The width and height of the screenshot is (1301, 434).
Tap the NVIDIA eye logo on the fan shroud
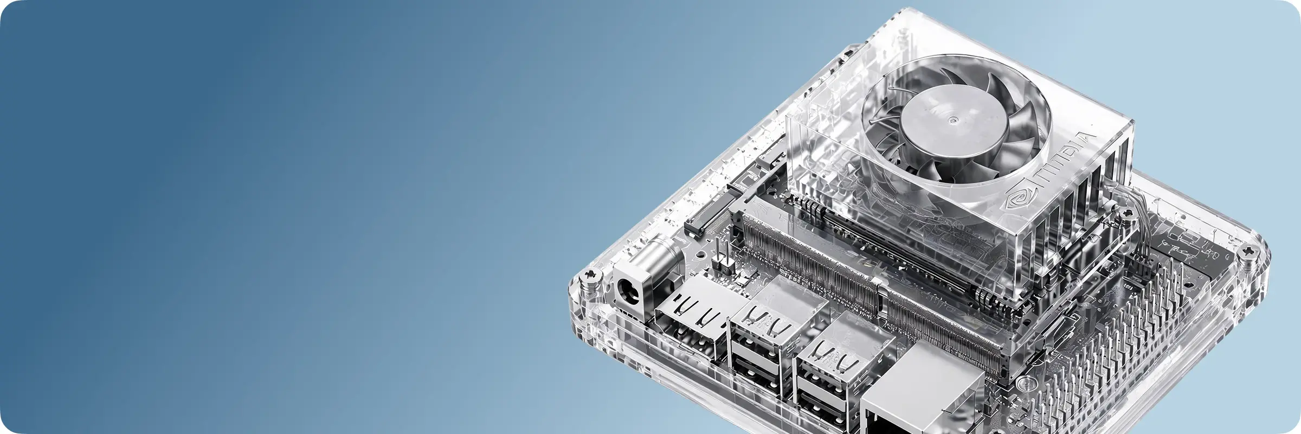pyautogui.click(x=1019, y=199)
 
